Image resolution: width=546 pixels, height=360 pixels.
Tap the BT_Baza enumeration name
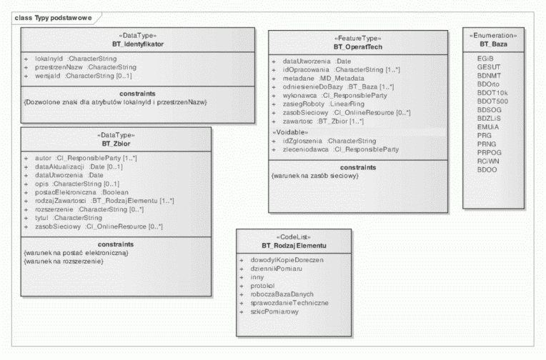click(x=493, y=44)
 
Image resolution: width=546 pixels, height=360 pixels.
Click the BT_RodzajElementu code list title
click(x=294, y=246)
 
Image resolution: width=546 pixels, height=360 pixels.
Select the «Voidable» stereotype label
click(x=288, y=132)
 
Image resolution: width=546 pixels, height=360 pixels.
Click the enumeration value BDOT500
click(x=492, y=101)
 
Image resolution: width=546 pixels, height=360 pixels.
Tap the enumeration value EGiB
click(x=486, y=58)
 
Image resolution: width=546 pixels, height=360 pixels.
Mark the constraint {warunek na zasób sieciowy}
click(x=315, y=176)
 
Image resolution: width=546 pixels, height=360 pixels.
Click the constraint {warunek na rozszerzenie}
click(x=64, y=261)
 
